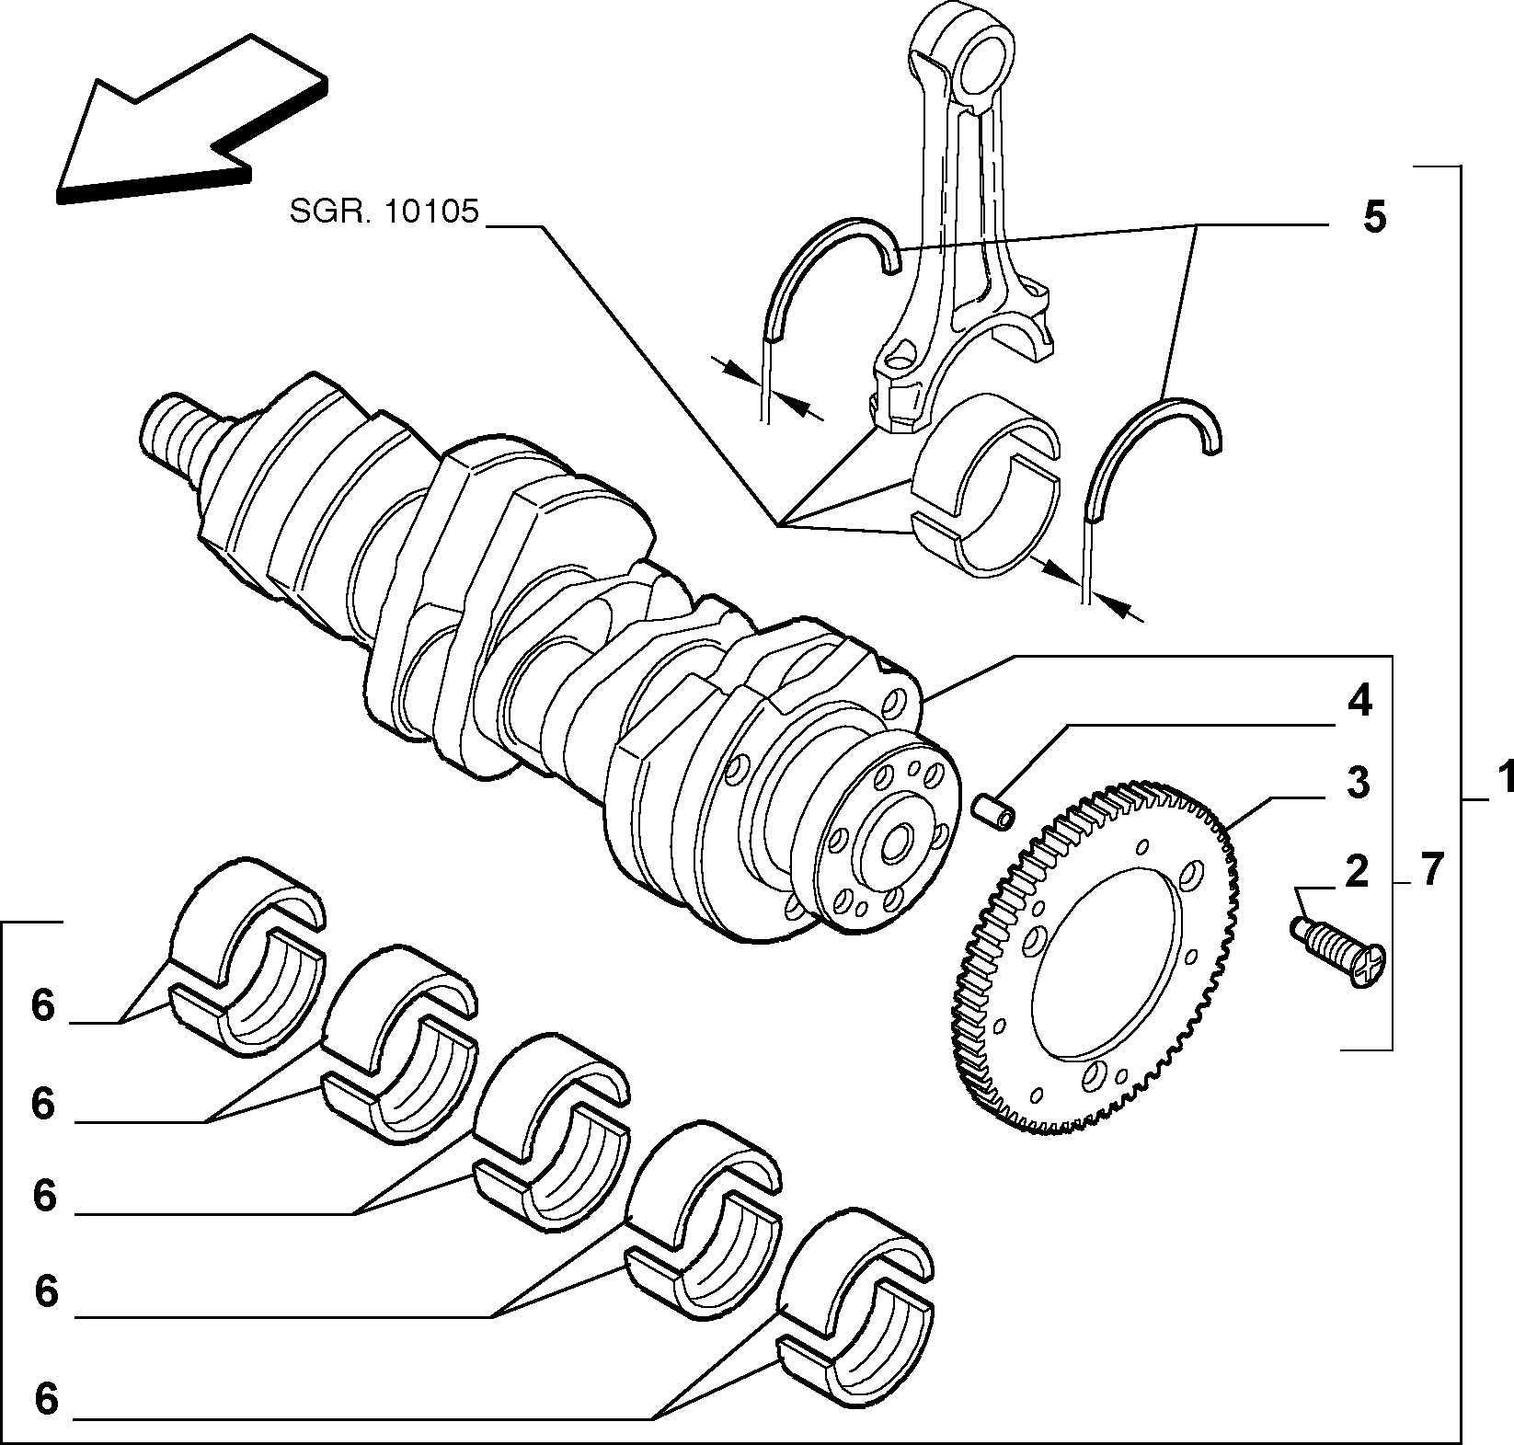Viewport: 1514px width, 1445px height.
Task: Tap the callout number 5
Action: (x=1373, y=218)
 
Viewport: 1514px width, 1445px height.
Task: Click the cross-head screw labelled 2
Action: (x=1339, y=951)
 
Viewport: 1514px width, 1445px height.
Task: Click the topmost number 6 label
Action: (x=43, y=1005)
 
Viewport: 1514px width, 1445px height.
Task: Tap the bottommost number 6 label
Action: (x=46, y=1399)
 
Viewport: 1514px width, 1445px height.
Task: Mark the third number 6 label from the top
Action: (x=44, y=1196)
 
